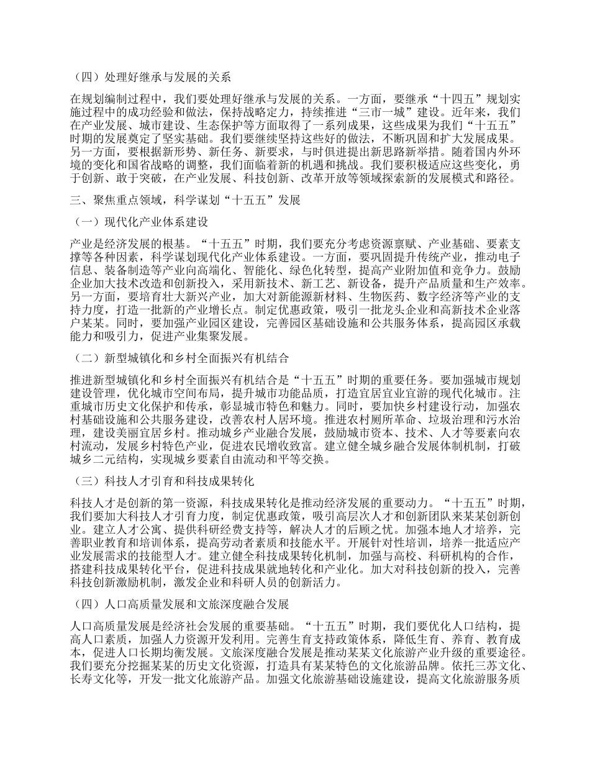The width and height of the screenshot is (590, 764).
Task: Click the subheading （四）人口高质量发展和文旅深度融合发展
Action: click(176, 604)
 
